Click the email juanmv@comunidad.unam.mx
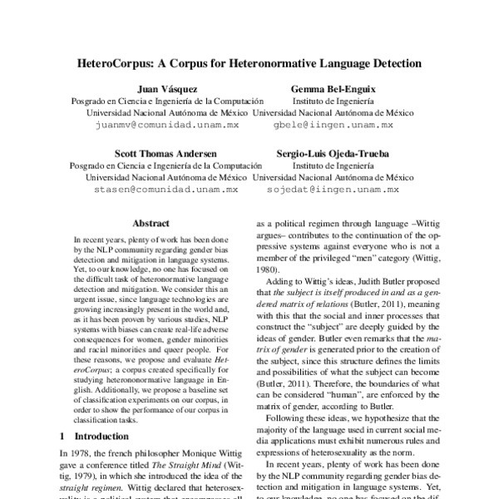point(167,123)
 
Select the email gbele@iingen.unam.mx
point(333,123)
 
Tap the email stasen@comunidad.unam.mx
point(167,190)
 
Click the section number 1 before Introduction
point(63,436)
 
